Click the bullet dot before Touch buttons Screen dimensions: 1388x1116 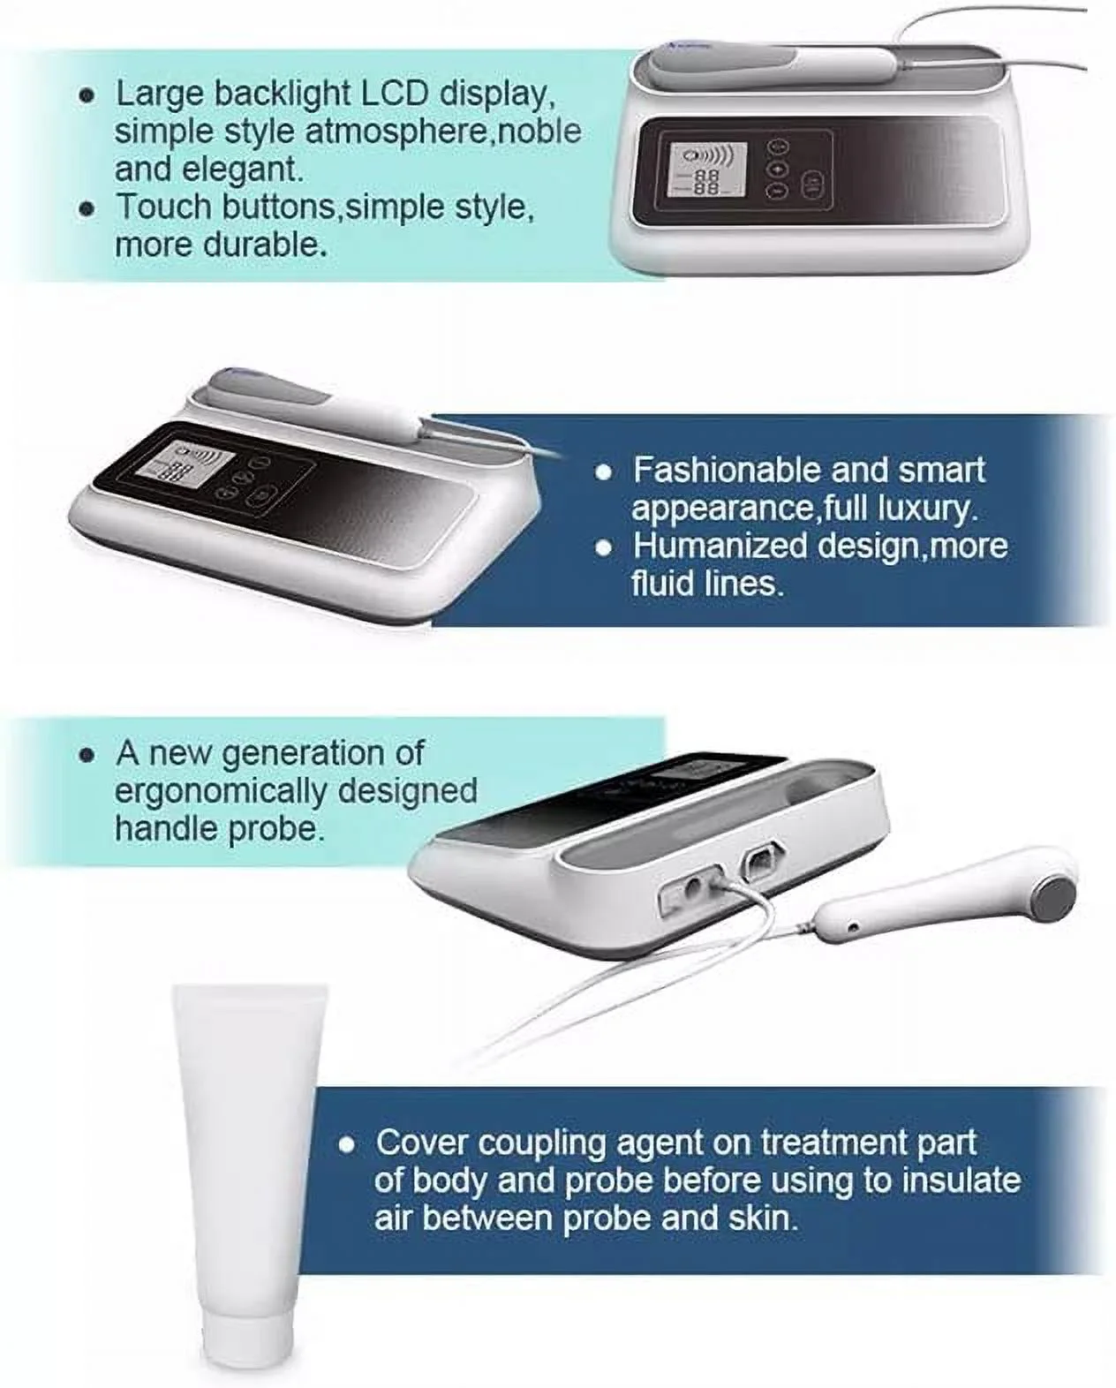(x=87, y=208)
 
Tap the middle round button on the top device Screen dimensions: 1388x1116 (x=777, y=169)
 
